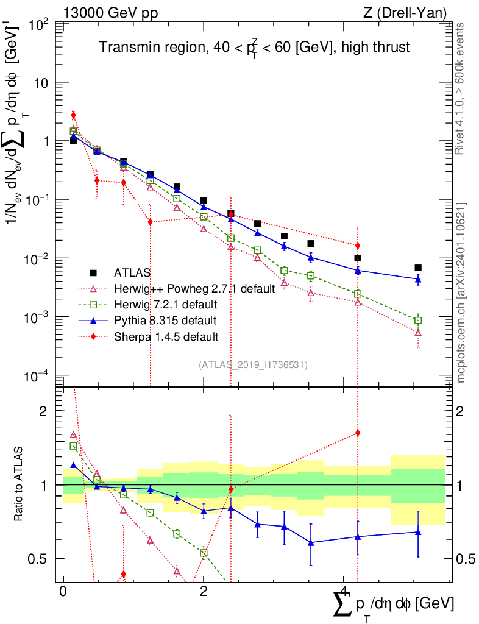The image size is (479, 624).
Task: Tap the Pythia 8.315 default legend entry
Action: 166,320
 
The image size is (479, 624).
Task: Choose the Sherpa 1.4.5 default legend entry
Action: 166,336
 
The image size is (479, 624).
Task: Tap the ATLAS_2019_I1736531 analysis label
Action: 253,365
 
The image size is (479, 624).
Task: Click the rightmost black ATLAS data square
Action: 418,268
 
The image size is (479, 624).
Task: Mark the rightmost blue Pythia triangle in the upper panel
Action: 418,279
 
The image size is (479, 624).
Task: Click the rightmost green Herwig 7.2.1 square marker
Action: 418,321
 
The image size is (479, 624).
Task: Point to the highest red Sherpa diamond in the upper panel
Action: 73,115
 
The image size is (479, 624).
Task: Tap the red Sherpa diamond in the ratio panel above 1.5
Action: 358,433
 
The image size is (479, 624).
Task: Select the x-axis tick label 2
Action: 204,592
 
